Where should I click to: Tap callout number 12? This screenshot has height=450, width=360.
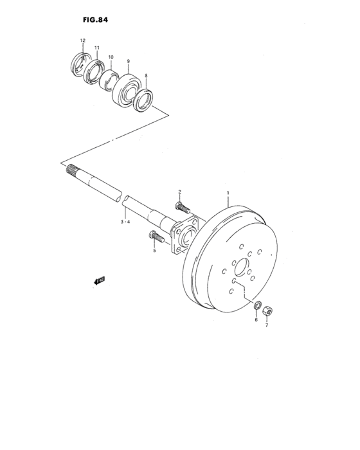tap(82, 41)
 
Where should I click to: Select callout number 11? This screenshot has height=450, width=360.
tap(97, 48)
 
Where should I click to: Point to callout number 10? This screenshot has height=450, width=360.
tap(111, 57)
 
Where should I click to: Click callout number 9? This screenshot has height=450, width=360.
tap(128, 62)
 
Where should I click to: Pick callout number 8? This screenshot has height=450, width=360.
tap(146, 76)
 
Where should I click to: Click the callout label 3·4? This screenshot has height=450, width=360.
tap(125, 221)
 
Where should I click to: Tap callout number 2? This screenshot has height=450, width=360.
tap(180, 192)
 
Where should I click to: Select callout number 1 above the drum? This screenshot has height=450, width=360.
tap(228, 192)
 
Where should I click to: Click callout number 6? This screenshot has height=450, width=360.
tap(255, 319)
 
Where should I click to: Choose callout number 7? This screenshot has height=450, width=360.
tap(267, 326)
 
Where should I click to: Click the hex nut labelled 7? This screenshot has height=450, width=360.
tap(271, 311)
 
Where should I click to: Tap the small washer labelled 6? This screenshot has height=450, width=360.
tap(256, 304)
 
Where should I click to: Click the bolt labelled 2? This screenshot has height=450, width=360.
tap(181, 207)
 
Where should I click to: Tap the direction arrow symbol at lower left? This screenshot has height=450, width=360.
tap(100, 280)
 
